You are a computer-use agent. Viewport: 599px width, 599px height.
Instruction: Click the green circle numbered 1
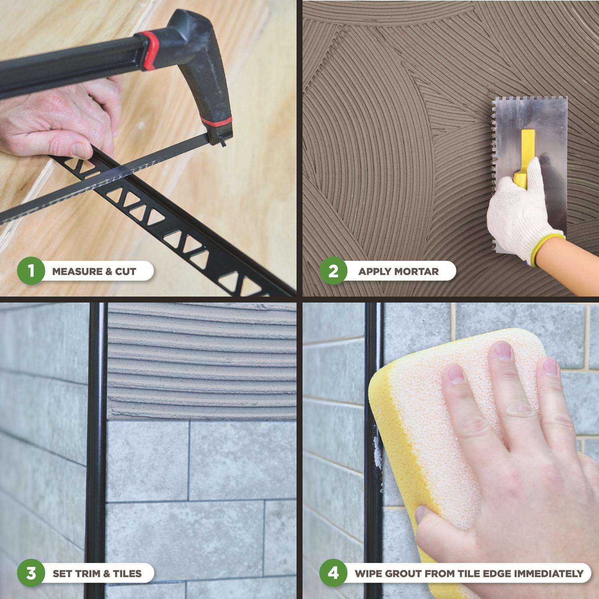(31, 272)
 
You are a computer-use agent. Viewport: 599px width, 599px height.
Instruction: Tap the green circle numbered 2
(333, 272)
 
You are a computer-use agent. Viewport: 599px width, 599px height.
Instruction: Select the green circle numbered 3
(31, 574)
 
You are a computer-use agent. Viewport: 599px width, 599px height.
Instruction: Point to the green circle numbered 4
(333, 574)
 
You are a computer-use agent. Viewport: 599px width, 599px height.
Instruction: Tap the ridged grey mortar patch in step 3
(202, 361)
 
